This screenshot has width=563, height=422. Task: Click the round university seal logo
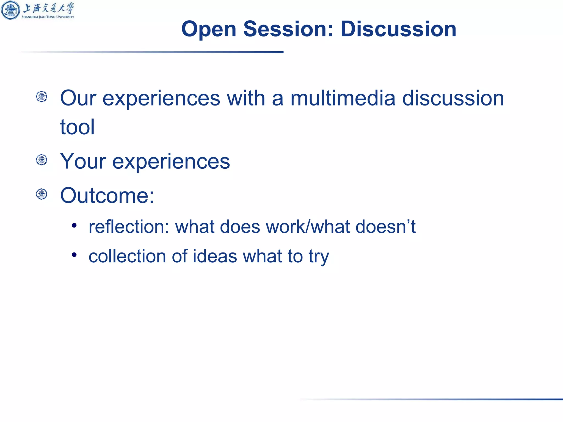(x=10, y=10)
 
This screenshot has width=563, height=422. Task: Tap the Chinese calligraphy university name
(x=48, y=8)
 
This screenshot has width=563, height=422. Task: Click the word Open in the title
(x=209, y=29)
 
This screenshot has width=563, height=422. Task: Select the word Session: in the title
(x=288, y=29)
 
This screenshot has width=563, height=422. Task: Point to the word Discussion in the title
(x=398, y=29)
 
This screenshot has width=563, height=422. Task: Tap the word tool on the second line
(x=77, y=127)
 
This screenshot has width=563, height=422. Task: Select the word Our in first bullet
(x=78, y=98)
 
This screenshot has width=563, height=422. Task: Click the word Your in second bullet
(x=83, y=161)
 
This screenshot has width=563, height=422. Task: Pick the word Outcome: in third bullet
(x=107, y=195)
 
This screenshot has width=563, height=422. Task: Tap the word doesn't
(x=385, y=227)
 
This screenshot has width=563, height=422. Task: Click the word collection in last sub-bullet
(x=127, y=256)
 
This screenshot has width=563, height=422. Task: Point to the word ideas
(x=215, y=256)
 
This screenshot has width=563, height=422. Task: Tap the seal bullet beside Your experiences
(x=42, y=160)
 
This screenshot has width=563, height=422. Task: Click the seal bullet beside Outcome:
(x=42, y=194)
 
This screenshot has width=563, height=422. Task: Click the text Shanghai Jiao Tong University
(x=48, y=17)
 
